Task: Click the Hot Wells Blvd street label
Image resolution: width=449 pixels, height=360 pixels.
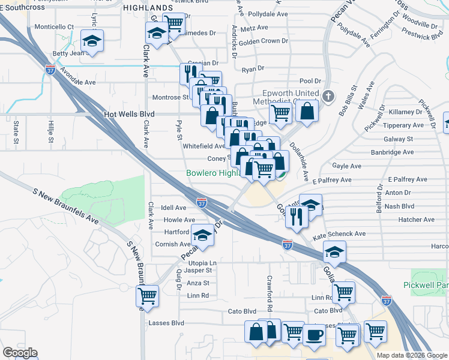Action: click(x=129, y=114)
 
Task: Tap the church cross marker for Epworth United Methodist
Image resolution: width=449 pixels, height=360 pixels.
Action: click(x=328, y=96)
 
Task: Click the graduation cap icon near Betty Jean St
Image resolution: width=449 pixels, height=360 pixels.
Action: click(x=92, y=41)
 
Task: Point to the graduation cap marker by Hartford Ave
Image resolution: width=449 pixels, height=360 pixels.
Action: click(x=203, y=237)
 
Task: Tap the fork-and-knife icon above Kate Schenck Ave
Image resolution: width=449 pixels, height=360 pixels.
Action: click(x=296, y=218)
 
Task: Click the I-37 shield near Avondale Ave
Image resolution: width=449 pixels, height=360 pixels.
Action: click(x=50, y=70)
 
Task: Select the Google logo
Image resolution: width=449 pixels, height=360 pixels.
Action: click(x=20, y=353)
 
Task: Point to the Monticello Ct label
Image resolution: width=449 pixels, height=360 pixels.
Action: click(x=54, y=27)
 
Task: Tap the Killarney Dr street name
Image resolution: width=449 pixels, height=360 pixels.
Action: click(x=406, y=112)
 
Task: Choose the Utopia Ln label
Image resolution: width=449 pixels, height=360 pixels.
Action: click(x=202, y=263)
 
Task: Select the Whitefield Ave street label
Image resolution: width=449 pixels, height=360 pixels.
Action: click(x=203, y=146)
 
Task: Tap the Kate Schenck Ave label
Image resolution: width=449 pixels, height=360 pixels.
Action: click(x=339, y=234)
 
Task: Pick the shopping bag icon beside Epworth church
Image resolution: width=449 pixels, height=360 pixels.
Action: click(x=307, y=111)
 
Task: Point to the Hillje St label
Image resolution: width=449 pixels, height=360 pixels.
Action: click(x=50, y=129)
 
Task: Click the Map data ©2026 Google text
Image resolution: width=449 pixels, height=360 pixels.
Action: click(x=411, y=355)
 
